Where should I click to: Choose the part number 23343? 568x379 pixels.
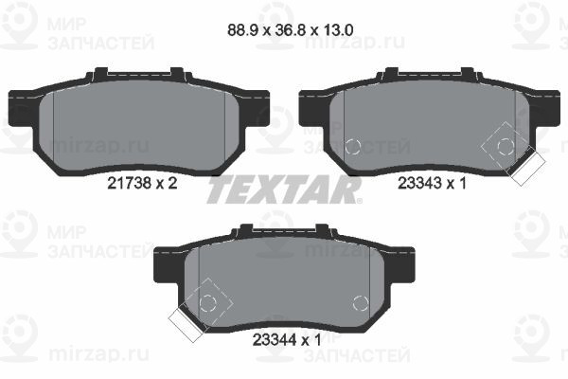423,186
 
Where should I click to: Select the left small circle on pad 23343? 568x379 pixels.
353,147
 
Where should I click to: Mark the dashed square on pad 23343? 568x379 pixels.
506,146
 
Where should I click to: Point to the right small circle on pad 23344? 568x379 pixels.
359,303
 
